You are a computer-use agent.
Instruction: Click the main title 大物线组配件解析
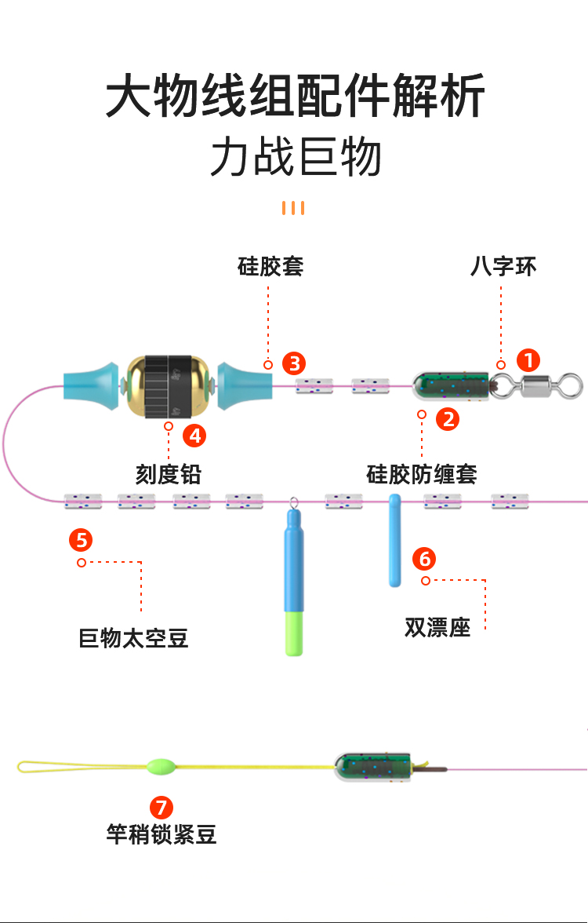tap(296, 97)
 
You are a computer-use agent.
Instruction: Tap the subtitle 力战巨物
tap(296, 157)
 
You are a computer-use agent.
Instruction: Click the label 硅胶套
tap(270, 267)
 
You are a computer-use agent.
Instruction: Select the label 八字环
tap(503, 267)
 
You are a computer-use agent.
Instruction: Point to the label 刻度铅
tap(169, 475)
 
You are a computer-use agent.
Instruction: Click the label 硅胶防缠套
tap(422, 474)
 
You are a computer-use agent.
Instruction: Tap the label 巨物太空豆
tap(134, 638)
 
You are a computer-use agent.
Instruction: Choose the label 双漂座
tap(437, 628)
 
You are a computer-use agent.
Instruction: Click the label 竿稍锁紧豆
tap(162, 834)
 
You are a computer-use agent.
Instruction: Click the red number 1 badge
tap(529, 361)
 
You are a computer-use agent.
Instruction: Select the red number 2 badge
tap(448, 419)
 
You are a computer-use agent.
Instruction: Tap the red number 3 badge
tap(294, 363)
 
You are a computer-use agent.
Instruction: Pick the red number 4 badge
tap(194, 434)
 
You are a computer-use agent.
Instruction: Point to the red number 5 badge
tap(81, 540)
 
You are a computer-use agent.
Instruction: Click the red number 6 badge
tap(425, 559)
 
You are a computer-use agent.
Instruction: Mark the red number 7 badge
tap(162, 808)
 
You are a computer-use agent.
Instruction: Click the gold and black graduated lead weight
tap(169, 385)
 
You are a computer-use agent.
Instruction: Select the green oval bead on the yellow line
tap(158, 765)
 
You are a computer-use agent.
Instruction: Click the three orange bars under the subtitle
tap(293, 208)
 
